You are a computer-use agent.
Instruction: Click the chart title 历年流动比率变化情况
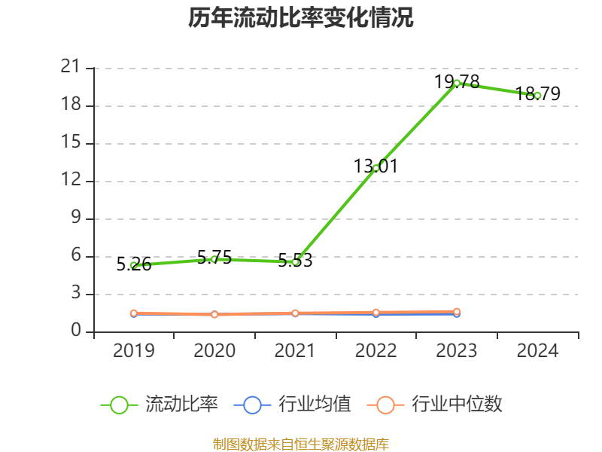point(301,18)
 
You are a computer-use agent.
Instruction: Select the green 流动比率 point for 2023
point(457,83)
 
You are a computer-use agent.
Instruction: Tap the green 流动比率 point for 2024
point(537,96)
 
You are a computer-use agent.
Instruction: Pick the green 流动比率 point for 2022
point(376,167)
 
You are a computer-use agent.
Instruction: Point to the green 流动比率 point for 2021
point(296,262)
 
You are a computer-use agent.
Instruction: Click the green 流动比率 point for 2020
point(214,259)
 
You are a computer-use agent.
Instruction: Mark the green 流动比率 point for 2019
point(134,265)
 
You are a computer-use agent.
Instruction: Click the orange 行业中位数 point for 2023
point(457,311)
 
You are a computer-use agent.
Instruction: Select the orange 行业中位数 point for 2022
point(376,312)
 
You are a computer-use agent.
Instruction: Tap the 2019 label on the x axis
point(134,350)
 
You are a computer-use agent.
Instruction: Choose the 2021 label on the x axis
point(296,350)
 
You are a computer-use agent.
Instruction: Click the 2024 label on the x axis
point(537,350)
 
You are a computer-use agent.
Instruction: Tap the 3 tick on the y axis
point(75,294)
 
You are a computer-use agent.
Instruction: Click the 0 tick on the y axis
point(75,331)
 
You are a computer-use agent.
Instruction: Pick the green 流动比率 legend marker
point(119,405)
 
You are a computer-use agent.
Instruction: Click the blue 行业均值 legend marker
point(252,405)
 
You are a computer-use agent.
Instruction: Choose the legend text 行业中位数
point(457,405)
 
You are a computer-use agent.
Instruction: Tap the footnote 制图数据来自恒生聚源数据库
point(301,444)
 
